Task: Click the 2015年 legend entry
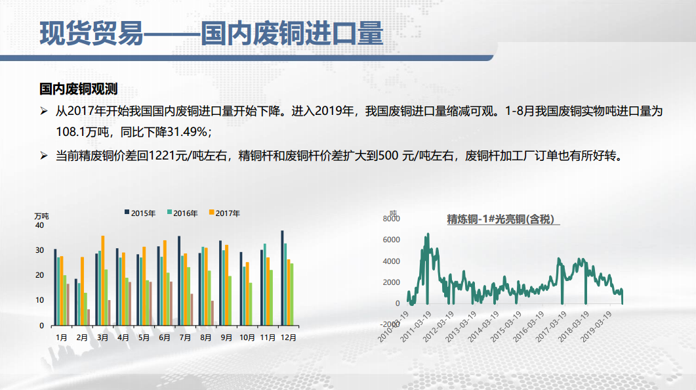(x=140, y=213)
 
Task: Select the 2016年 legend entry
(x=182, y=213)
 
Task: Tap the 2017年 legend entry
(x=224, y=213)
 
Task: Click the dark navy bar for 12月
(x=282, y=278)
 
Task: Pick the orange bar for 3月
(x=103, y=281)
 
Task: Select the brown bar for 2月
(x=89, y=318)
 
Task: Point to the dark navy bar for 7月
(x=179, y=281)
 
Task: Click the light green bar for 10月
(x=251, y=304)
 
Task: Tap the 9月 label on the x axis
(x=226, y=337)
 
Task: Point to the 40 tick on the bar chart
(x=39, y=225)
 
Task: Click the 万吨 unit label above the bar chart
(x=42, y=216)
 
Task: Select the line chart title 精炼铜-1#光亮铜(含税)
(x=501, y=219)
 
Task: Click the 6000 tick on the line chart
(x=391, y=240)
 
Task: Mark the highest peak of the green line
(x=428, y=234)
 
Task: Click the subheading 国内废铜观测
(x=78, y=89)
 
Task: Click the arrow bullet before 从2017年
(x=43, y=111)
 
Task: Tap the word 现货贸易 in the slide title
(x=91, y=33)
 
